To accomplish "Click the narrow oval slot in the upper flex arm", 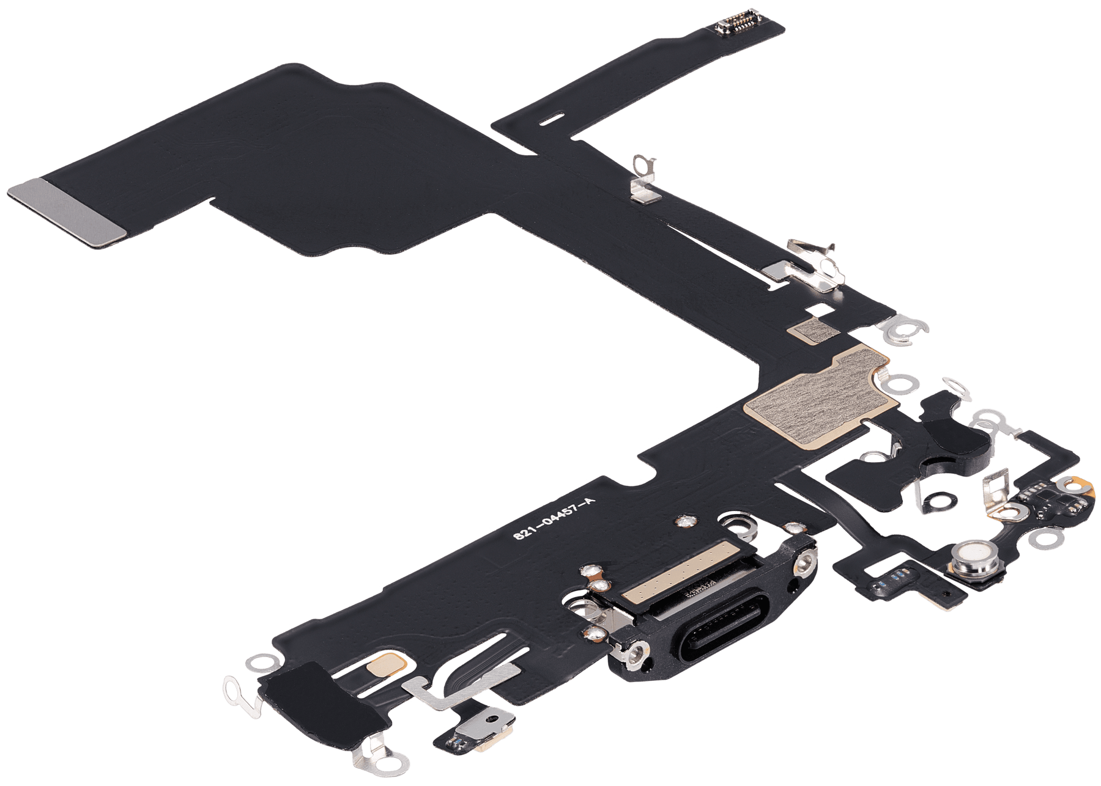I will [x=550, y=117].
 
